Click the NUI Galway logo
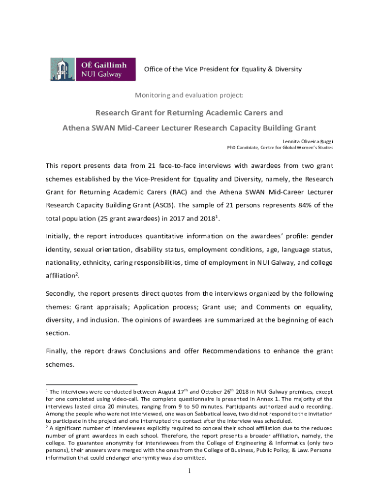pos(93,69)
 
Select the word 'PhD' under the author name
pos(232,147)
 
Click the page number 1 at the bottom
pos(189,471)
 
